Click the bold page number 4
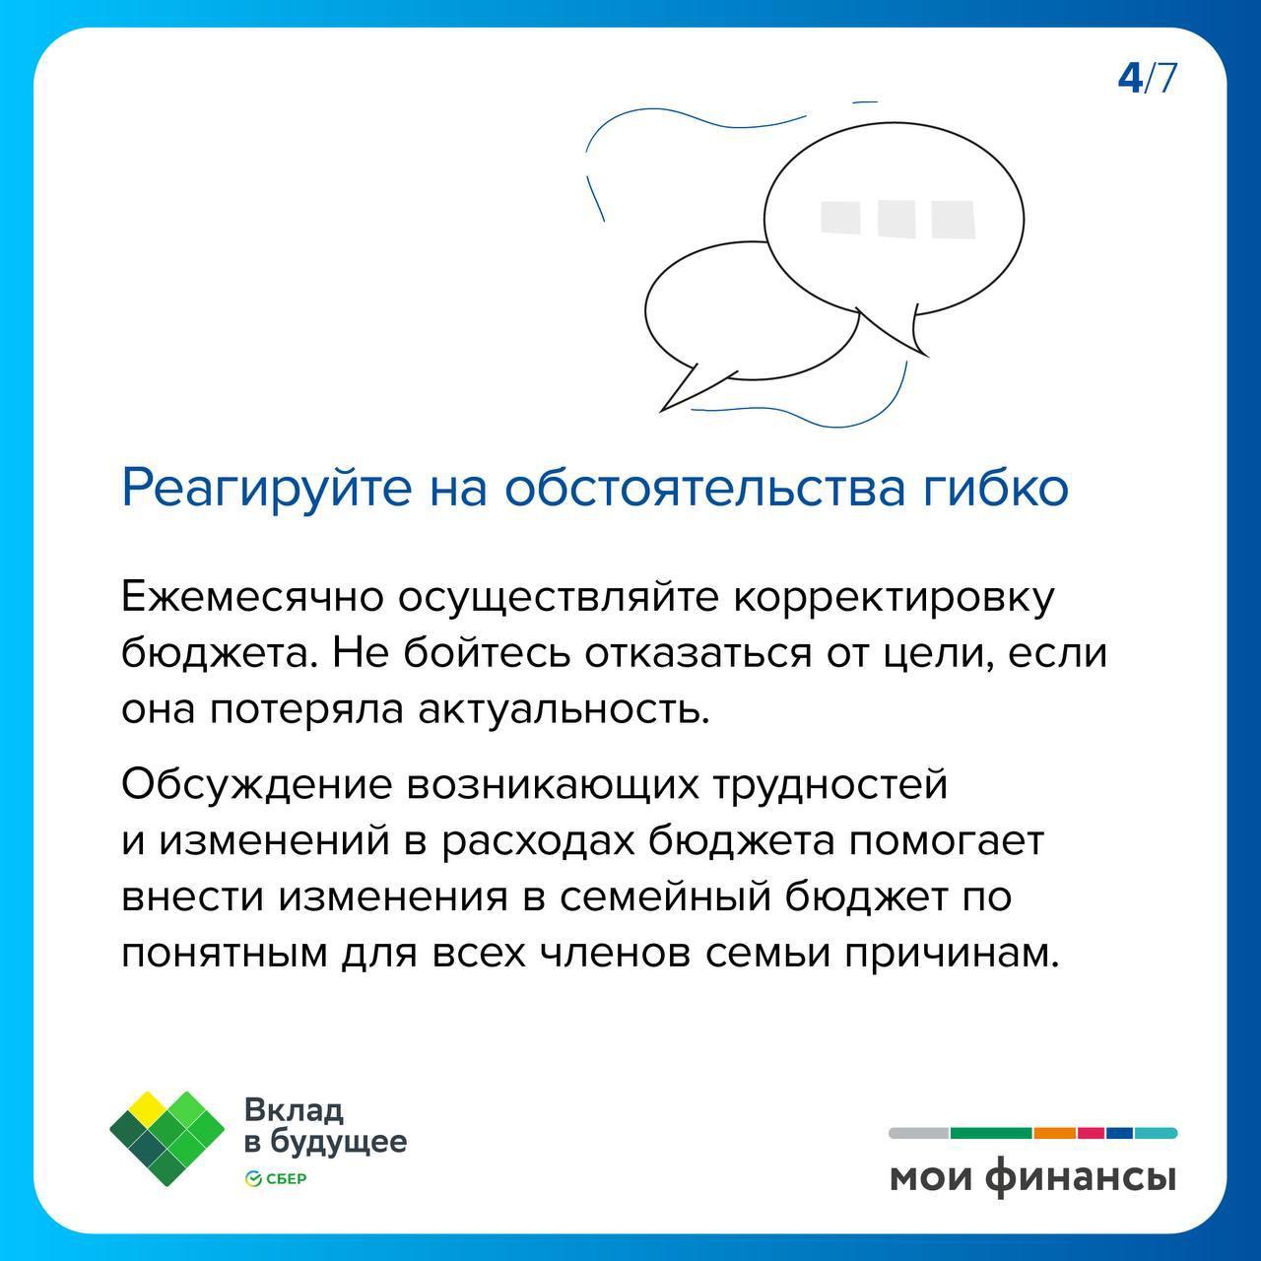click(x=1131, y=79)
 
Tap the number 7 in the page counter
click(x=1166, y=79)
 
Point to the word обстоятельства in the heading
click(x=705, y=488)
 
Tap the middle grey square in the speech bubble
click(x=896, y=219)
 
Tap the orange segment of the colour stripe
click(x=1054, y=1133)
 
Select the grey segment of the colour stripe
click(x=919, y=1133)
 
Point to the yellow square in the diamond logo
click(x=149, y=1106)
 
